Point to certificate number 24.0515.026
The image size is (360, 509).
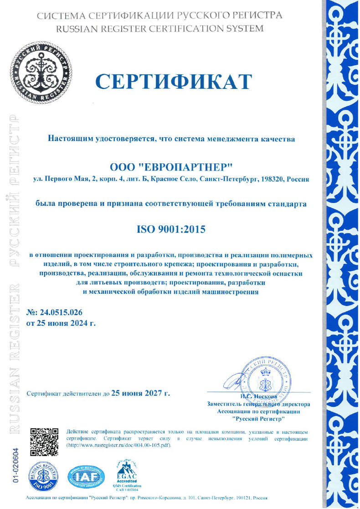click(x=60, y=312)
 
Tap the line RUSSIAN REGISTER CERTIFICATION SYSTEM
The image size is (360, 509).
click(x=159, y=28)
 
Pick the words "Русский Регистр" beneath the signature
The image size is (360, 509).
click(x=258, y=418)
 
